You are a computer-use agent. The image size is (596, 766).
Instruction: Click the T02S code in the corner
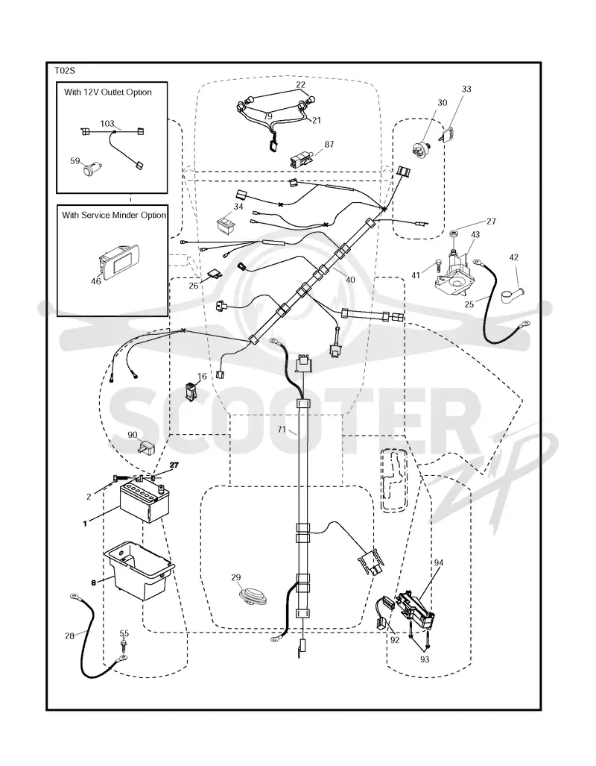pyautogui.click(x=64, y=71)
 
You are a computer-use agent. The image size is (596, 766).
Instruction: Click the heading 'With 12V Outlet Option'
pyautogui.click(x=108, y=92)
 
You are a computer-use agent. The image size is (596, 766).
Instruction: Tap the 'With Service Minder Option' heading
pyautogui.click(x=114, y=215)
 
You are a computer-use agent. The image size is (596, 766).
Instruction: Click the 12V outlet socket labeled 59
pyautogui.click(x=90, y=169)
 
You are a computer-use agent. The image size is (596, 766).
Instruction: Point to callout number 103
pyautogui.click(x=107, y=124)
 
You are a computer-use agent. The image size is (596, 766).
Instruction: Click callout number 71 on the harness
pyautogui.click(x=282, y=430)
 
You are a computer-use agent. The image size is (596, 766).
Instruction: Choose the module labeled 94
pyautogui.click(x=416, y=607)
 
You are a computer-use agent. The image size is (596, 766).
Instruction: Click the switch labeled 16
pyautogui.click(x=191, y=393)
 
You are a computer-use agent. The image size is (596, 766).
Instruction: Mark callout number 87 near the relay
pyautogui.click(x=329, y=144)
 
